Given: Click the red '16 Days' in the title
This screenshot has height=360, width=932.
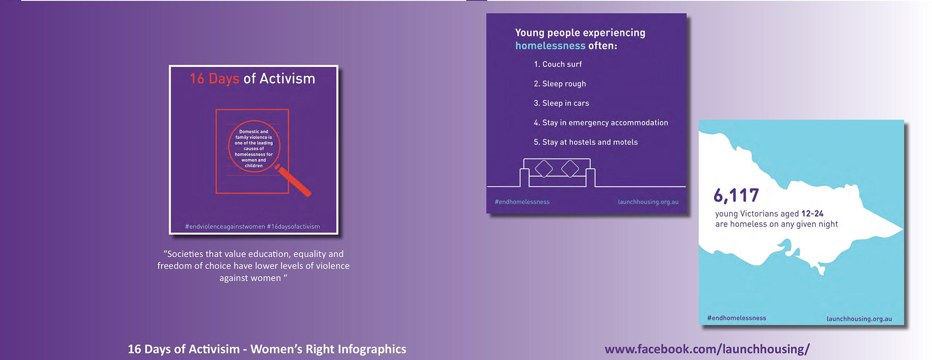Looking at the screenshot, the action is pyautogui.click(x=214, y=79).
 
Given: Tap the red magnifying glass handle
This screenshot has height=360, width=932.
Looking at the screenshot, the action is pyautogui.click(x=294, y=181).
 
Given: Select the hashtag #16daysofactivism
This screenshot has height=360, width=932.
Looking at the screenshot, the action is pyautogui.click(x=293, y=227).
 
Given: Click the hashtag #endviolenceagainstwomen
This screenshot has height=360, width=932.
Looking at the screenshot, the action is pyautogui.click(x=225, y=227).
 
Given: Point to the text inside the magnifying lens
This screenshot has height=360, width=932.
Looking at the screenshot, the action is pyautogui.click(x=254, y=148).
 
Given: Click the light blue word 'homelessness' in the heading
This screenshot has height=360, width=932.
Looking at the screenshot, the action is pyautogui.click(x=550, y=46).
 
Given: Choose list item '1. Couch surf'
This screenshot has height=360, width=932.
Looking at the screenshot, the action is pyautogui.click(x=558, y=64).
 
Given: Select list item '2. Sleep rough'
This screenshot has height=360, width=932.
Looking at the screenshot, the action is pyautogui.click(x=560, y=84).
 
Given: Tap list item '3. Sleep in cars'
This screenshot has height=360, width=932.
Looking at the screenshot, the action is pyautogui.click(x=561, y=103).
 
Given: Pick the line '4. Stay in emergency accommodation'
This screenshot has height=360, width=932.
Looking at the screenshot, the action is pyautogui.click(x=601, y=123).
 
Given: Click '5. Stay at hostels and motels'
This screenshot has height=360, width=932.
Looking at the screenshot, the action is pyautogui.click(x=585, y=142).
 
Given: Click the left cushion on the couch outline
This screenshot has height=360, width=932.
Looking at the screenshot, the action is pyautogui.click(x=544, y=169).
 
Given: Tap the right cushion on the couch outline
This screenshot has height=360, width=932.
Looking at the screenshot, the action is pyautogui.click(x=570, y=169).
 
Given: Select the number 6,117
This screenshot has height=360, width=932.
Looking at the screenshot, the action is pyautogui.click(x=736, y=196).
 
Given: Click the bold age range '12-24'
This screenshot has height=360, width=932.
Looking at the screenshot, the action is pyautogui.click(x=812, y=213).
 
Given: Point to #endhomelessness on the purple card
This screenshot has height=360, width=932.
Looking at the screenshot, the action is pyautogui.click(x=522, y=202).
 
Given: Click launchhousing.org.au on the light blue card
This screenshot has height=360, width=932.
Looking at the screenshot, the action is pyautogui.click(x=859, y=319).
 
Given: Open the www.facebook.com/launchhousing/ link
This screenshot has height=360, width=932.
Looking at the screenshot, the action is pyautogui.click(x=707, y=349).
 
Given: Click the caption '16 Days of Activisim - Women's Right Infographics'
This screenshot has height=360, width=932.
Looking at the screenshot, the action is pyautogui.click(x=267, y=349).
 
